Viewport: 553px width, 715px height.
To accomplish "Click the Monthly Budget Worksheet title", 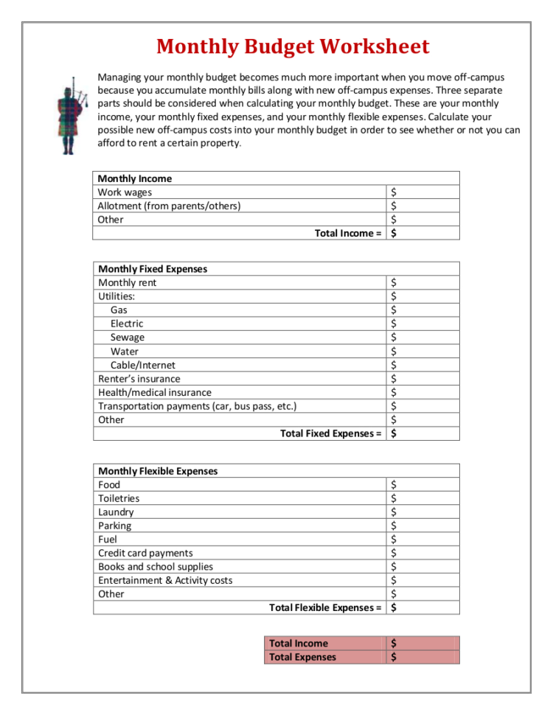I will pyautogui.click(x=292, y=47).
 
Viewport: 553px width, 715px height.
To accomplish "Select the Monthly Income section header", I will pyautogui.click(x=135, y=178).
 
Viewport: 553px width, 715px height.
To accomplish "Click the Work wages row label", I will pyautogui.click(x=125, y=192).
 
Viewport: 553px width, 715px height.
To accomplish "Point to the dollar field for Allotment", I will pyautogui.click(x=423, y=206).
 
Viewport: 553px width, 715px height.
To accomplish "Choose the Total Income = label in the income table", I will pyautogui.click(x=348, y=233).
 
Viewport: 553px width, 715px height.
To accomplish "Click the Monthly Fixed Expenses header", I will pyautogui.click(x=153, y=269).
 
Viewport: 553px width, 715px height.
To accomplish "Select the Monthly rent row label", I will pyautogui.click(x=128, y=283).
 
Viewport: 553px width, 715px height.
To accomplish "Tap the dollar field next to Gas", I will pyautogui.click(x=423, y=310).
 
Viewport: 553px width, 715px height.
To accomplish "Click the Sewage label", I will pyautogui.click(x=128, y=338).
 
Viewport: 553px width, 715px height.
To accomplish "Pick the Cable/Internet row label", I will pyautogui.click(x=143, y=365).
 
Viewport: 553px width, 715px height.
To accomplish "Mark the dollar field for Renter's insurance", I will pyautogui.click(x=423, y=379).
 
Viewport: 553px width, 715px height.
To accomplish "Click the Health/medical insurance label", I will pyautogui.click(x=155, y=392).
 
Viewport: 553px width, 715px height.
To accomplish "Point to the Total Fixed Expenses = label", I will pyautogui.click(x=331, y=433).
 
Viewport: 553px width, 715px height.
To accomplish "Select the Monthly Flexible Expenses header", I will pyautogui.click(x=158, y=471).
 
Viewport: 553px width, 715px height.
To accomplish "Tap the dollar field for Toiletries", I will pyautogui.click(x=423, y=498).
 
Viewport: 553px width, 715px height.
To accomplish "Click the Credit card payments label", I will pyautogui.click(x=145, y=553).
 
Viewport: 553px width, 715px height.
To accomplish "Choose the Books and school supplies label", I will pyautogui.click(x=156, y=567).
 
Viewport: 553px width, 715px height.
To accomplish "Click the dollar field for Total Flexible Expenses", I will pyautogui.click(x=423, y=608).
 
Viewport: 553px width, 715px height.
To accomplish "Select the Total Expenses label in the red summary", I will pyautogui.click(x=302, y=657).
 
